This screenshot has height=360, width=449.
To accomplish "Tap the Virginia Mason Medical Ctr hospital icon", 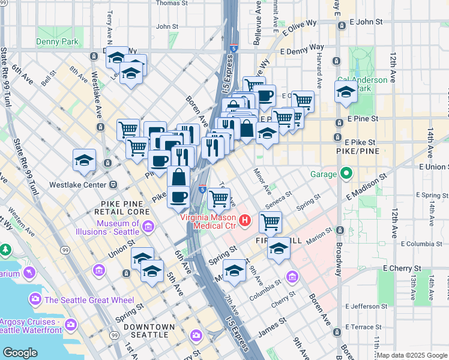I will tap(244, 221).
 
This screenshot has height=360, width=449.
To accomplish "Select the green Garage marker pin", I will tap(346, 175).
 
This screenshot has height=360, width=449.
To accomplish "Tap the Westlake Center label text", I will tap(78, 184).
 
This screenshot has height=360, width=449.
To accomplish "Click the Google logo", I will tap(20, 353).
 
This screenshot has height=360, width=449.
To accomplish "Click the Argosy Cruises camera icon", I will tap(71, 324).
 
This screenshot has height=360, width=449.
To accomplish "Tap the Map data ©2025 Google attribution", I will tap(412, 355).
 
